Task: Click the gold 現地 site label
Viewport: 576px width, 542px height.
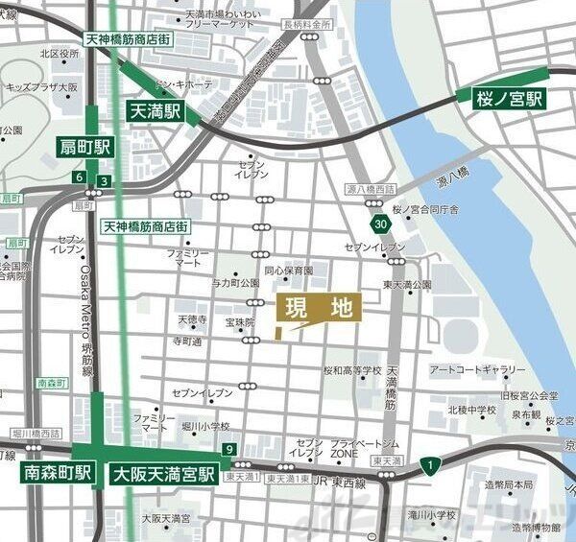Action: (319, 308)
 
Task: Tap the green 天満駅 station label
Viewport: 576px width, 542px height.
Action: (156, 112)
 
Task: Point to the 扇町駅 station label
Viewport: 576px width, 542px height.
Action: (84, 148)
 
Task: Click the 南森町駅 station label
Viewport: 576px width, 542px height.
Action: (57, 473)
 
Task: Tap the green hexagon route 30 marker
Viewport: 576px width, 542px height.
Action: (382, 224)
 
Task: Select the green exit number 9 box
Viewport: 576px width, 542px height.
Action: (228, 449)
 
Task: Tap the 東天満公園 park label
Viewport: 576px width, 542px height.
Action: (410, 284)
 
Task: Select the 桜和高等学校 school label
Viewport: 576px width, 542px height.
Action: (351, 370)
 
